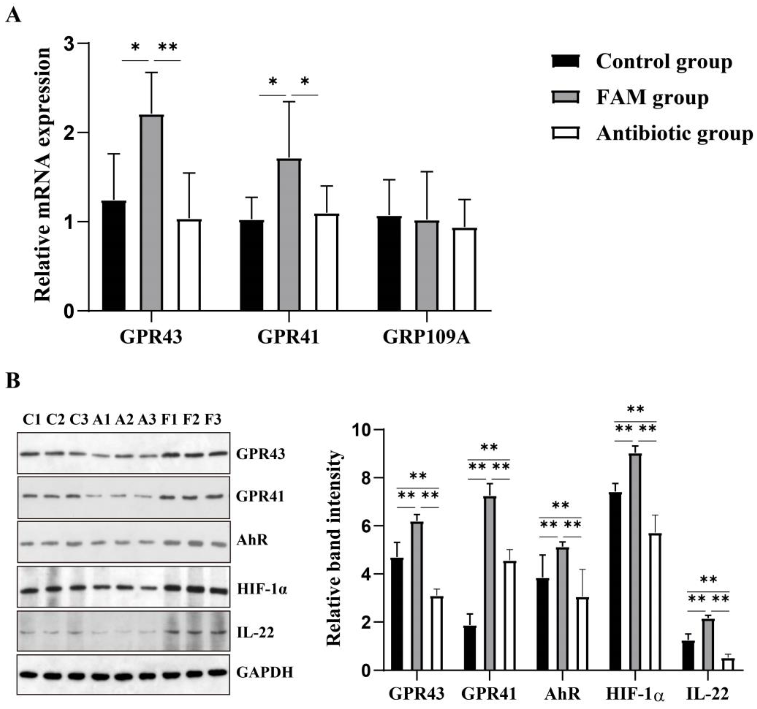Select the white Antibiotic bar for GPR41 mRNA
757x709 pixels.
click(x=327, y=262)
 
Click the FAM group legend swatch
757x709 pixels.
click(x=565, y=97)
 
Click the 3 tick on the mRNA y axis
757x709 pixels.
click(x=69, y=44)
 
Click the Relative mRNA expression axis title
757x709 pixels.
click(x=43, y=175)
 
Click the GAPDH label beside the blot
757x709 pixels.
click(x=265, y=672)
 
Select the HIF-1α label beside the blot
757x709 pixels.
click(x=262, y=589)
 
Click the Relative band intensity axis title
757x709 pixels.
click(x=334, y=548)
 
